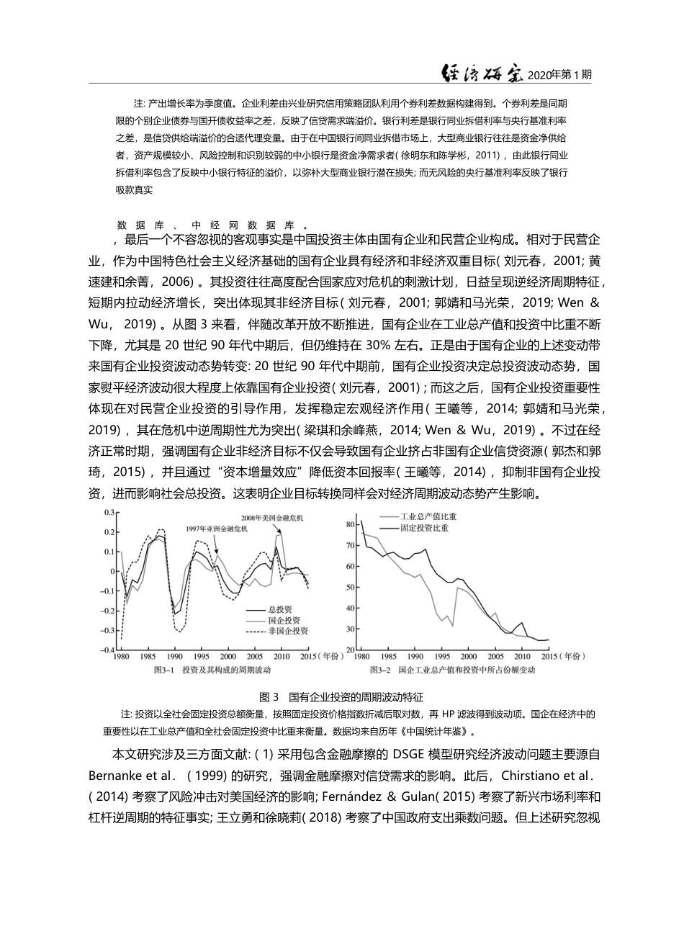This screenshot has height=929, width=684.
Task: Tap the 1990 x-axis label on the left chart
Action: pyautogui.click(x=174, y=657)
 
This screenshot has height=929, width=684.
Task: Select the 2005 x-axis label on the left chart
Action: pyautogui.click(x=254, y=657)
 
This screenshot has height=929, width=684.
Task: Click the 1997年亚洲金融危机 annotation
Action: pyautogui.click(x=215, y=529)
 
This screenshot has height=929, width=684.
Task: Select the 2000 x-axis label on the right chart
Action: pyautogui.click(x=469, y=657)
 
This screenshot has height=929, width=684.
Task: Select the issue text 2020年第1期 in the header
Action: pyautogui.click(x=559, y=74)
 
